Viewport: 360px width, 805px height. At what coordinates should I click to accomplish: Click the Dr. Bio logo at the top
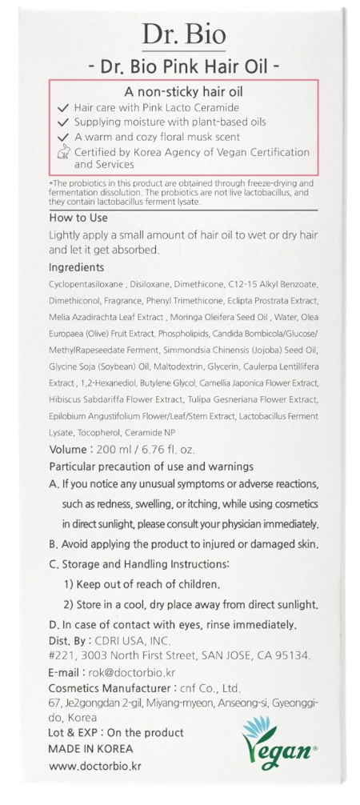pyautogui.click(x=183, y=34)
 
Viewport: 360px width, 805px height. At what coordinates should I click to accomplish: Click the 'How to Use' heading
pyautogui.click(x=74, y=216)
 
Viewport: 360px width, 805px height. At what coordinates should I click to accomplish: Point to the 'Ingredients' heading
pyautogui.click(x=77, y=266)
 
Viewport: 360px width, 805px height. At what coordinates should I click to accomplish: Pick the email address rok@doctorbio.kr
pyautogui.click(x=130, y=673)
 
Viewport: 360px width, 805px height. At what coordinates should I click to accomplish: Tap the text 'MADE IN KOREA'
pyautogui.click(x=90, y=749)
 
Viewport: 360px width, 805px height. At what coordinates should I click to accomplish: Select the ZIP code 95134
pyautogui.click(x=288, y=655)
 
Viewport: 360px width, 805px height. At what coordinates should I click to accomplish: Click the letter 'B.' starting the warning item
pyautogui.click(x=54, y=544)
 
